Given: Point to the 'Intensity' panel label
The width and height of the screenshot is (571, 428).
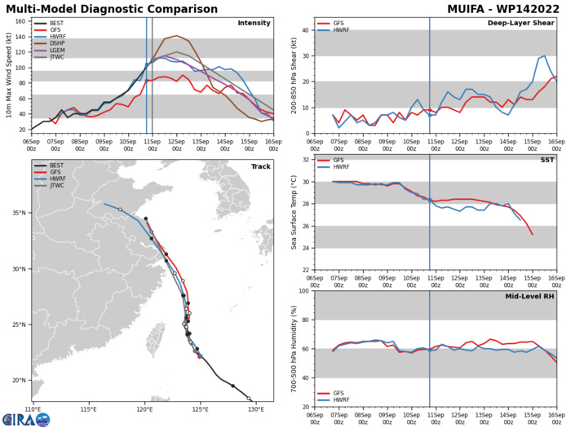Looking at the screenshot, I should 254,23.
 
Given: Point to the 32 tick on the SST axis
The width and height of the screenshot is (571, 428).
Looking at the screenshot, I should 307,159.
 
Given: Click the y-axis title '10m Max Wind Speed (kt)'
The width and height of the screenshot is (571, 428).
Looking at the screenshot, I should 7,78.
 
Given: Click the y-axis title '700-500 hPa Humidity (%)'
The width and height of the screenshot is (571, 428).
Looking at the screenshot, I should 294,349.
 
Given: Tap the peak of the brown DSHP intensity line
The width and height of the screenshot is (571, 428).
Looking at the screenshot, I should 176,36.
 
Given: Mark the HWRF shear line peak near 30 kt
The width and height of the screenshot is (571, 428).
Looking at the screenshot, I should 544,56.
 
